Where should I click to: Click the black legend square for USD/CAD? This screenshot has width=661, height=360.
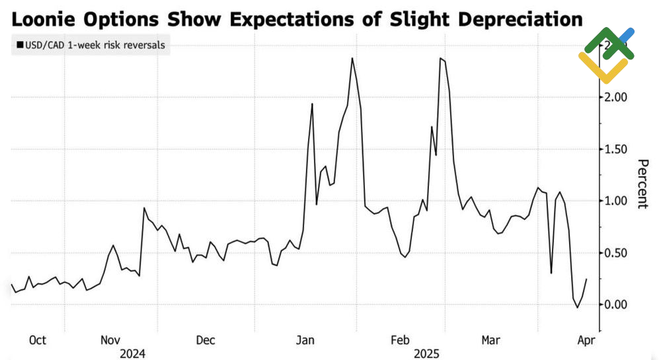point(18,46)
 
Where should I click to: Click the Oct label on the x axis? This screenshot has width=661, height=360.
point(38,340)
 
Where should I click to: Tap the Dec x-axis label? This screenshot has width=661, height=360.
point(206,340)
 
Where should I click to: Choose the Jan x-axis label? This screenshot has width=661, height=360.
point(305,340)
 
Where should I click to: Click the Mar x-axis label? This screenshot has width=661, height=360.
point(490,340)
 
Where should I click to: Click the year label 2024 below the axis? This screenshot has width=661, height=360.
point(132,353)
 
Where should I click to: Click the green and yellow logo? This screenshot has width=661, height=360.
point(606,54)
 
